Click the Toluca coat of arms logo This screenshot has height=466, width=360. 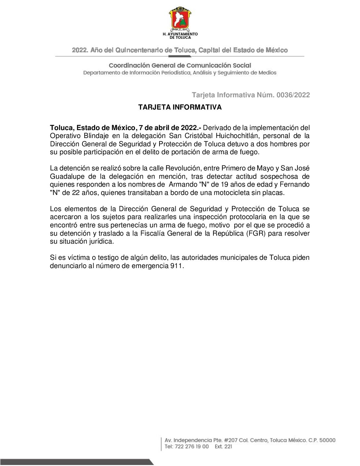180,19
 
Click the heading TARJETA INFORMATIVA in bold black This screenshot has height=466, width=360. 180,107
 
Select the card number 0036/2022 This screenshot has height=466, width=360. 293,95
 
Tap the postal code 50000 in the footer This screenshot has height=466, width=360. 327,441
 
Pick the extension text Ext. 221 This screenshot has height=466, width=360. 223,447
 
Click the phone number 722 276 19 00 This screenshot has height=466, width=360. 192,447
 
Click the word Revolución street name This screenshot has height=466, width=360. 183,168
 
